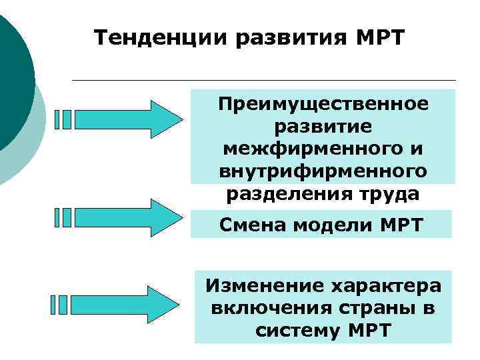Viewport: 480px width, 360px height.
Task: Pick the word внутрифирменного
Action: coord(323,171)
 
